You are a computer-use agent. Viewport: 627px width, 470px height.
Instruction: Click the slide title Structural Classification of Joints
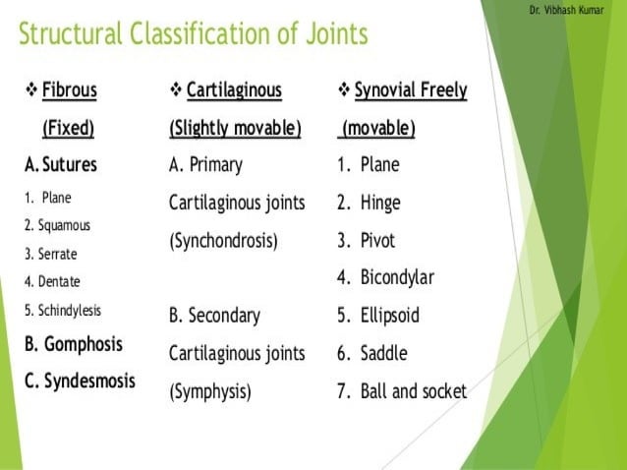pos(194,34)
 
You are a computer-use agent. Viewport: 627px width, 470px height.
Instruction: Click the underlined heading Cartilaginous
pos(234,90)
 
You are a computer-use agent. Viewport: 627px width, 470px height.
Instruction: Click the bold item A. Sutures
pos(61,163)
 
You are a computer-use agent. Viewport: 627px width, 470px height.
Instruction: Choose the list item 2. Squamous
pos(57,225)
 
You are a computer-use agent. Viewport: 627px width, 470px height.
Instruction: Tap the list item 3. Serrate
pos(51,254)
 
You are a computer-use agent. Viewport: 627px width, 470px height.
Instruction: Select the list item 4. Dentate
pos(53,281)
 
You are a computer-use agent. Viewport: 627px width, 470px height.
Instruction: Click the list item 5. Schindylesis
pos(63,310)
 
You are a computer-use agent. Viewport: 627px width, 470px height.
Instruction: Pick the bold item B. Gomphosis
pos(74,344)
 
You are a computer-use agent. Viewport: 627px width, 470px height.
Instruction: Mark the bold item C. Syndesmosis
pos(80,380)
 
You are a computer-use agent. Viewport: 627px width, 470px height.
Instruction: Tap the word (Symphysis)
pos(210,391)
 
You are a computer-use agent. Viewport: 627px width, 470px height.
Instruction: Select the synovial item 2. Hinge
pos(368,203)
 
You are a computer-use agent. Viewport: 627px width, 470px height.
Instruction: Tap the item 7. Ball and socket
pos(401,391)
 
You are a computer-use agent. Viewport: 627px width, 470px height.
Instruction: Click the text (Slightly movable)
pos(235,129)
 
